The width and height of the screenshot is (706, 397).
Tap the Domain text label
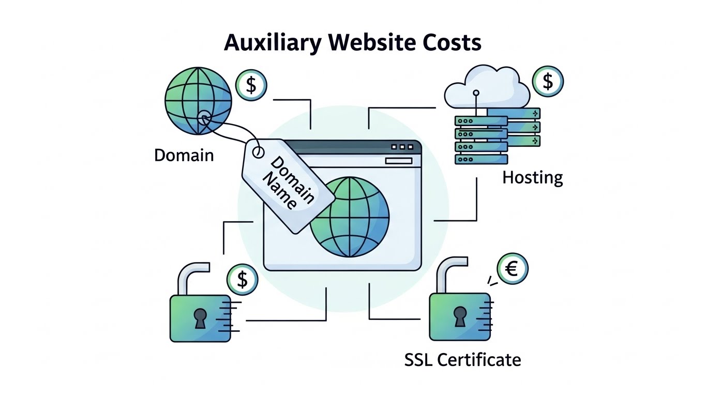(184, 155)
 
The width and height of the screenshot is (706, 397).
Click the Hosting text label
(532, 178)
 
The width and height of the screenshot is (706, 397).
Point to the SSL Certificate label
(462, 359)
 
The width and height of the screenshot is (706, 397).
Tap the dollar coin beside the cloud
(548, 81)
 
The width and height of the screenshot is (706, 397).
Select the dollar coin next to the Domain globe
(251, 85)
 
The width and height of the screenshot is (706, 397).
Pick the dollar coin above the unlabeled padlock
(242, 280)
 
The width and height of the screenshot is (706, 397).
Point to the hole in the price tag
(258, 152)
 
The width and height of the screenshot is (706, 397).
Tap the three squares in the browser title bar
(402, 147)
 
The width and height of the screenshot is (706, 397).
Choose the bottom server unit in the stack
(480, 159)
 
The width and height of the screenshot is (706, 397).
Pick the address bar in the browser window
(398, 161)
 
